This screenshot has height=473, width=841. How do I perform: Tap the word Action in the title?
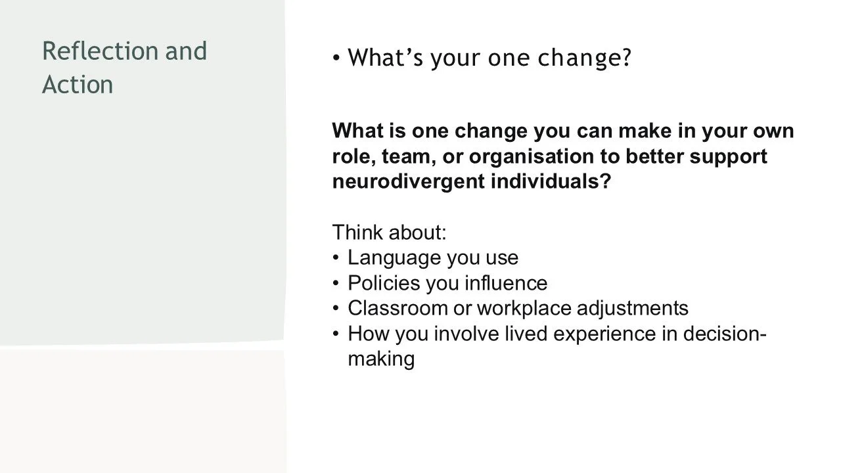pos(78,85)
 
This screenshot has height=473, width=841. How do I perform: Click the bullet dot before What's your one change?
pos(336,58)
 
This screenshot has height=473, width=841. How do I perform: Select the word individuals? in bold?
pos(551,181)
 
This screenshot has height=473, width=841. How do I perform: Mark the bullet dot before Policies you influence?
pos(336,283)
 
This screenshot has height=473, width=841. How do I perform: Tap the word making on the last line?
pos(381,359)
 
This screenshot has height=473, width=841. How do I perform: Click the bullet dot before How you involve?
pos(336,334)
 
